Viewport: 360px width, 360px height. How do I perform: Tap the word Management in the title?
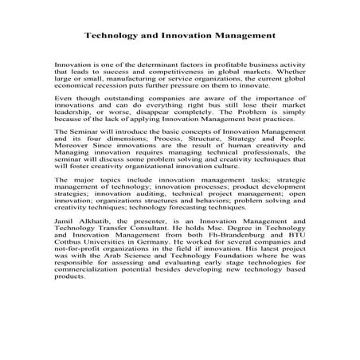click(244, 36)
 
